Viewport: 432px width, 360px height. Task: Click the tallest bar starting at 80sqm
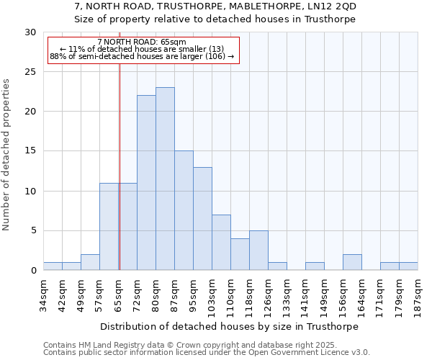165,179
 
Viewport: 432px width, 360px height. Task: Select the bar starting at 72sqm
146,183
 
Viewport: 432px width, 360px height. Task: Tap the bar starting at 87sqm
184,210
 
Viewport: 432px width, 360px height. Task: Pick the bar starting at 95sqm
202,219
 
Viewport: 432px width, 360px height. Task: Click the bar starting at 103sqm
221,243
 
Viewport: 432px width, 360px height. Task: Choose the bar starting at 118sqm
258,251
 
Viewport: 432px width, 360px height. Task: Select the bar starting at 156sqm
352,262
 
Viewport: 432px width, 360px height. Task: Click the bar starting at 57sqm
109,227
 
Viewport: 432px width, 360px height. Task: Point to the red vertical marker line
120,166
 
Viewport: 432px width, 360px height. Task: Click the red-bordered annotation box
143,50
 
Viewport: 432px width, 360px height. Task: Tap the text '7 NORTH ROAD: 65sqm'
142,42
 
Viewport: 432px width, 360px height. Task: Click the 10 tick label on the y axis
30,192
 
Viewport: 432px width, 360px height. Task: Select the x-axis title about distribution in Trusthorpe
229,326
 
